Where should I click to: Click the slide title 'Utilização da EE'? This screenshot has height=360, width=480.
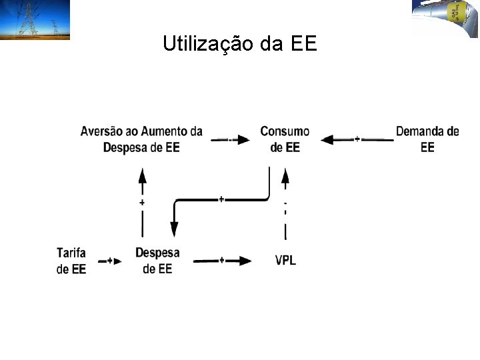point(241,44)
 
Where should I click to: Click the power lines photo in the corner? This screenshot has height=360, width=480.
point(35,20)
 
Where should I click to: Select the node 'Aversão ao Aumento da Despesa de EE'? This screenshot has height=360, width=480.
point(141,139)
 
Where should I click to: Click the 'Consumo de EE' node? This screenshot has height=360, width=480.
point(285,139)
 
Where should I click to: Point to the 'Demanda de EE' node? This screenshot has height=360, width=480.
point(427,139)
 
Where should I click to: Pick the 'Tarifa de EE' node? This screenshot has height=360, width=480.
point(71,261)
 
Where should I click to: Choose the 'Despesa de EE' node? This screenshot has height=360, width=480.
point(157,261)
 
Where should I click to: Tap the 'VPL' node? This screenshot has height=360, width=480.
point(285,260)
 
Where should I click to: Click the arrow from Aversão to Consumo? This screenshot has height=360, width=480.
point(231,140)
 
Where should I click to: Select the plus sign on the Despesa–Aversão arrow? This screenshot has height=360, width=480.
point(142,202)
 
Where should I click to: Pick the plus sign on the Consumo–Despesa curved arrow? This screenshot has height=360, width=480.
point(221,199)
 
